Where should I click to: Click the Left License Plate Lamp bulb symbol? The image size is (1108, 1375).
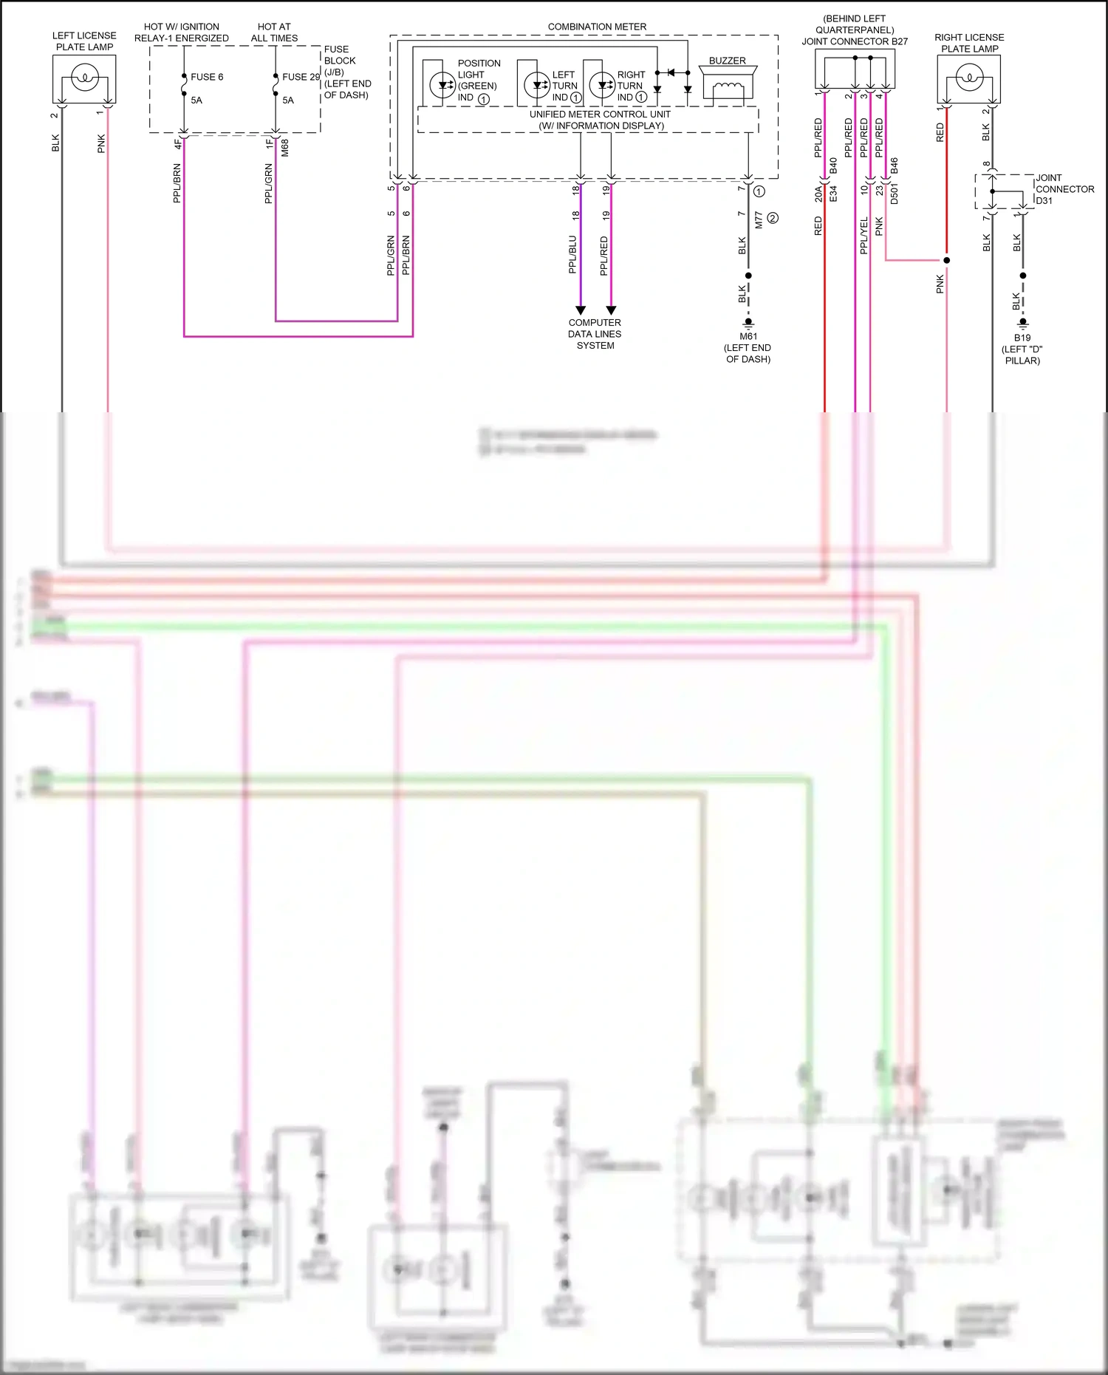coord(84,77)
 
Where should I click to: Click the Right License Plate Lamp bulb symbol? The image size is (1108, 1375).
coord(969,78)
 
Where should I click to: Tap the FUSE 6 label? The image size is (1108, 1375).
coord(207,77)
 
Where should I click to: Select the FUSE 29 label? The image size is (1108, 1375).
coord(301,77)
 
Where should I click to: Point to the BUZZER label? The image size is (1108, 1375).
coord(727,61)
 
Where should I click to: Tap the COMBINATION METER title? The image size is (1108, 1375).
coord(597,27)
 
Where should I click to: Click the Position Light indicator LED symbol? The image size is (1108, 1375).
coord(443,85)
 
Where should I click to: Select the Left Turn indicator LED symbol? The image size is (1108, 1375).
coord(537,85)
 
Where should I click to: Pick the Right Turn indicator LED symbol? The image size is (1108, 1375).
coord(602,85)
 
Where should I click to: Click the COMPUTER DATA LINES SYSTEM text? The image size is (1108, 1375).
coord(595,334)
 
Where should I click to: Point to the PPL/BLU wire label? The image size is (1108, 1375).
coord(572,255)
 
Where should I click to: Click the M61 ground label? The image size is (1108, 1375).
coord(748,336)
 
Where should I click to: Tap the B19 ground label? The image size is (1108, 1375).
coord(1022,338)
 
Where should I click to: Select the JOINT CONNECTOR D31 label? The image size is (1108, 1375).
coord(1064,189)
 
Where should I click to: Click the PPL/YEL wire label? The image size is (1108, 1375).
coord(864,236)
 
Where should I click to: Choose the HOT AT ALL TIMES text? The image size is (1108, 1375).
coord(274,33)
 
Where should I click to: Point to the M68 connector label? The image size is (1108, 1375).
coord(285,148)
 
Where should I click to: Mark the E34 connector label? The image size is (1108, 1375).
coord(833,194)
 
